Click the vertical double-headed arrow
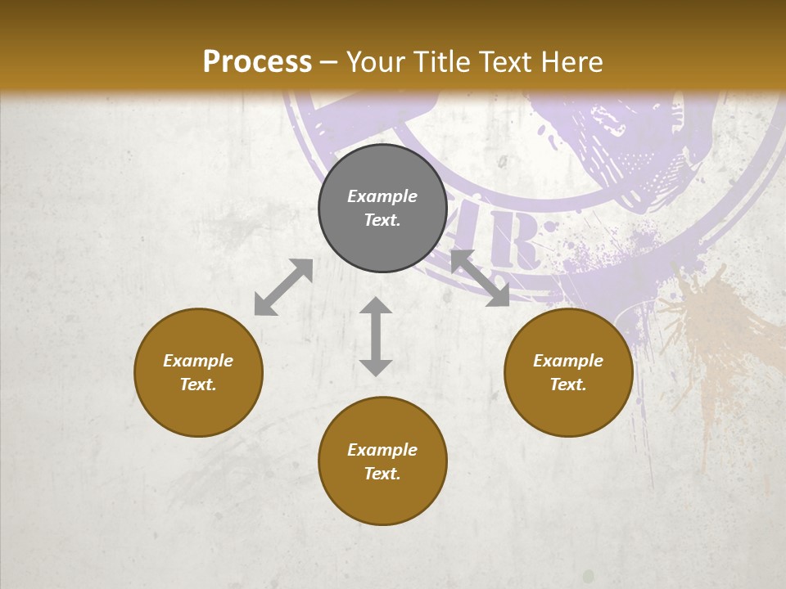376,336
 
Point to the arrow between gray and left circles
283,287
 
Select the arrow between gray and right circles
480,278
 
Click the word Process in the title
257,61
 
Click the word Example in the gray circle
382,196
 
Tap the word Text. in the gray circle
382,220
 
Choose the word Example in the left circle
198,361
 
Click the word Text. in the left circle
198,384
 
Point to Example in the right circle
568,361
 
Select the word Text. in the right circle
568,384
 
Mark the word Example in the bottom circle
382,450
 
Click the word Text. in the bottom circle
382,474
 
